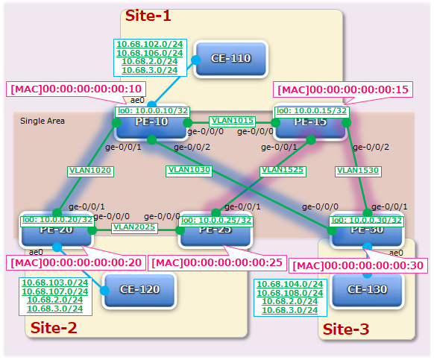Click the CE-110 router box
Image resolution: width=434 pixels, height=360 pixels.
click(230, 58)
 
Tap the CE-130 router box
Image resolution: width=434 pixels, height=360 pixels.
click(366, 287)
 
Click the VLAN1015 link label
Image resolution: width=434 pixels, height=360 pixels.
click(233, 120)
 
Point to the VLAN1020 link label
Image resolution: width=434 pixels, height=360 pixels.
click(89, 170)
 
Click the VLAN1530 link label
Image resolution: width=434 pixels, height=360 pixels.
click(358, 170)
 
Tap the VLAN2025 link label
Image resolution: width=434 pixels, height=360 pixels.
click(134, 227)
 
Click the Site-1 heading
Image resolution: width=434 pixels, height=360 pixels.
click(147, 15)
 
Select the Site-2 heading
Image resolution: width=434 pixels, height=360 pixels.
click(53, 326)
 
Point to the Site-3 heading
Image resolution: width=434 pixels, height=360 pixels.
click(345, 329)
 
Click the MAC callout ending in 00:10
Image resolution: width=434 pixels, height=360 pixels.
click(76, 89)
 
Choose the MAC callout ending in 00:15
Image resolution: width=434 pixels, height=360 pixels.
click(344, 89)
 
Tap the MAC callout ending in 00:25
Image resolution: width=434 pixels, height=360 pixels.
click(216, 262)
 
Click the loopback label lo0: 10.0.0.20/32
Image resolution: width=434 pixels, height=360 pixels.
click(57, 220)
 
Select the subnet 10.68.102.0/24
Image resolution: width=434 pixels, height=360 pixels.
click(149, 44)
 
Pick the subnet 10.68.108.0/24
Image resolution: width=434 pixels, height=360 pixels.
click(289, 293)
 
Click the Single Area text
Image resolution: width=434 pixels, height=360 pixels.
click(43, 120)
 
